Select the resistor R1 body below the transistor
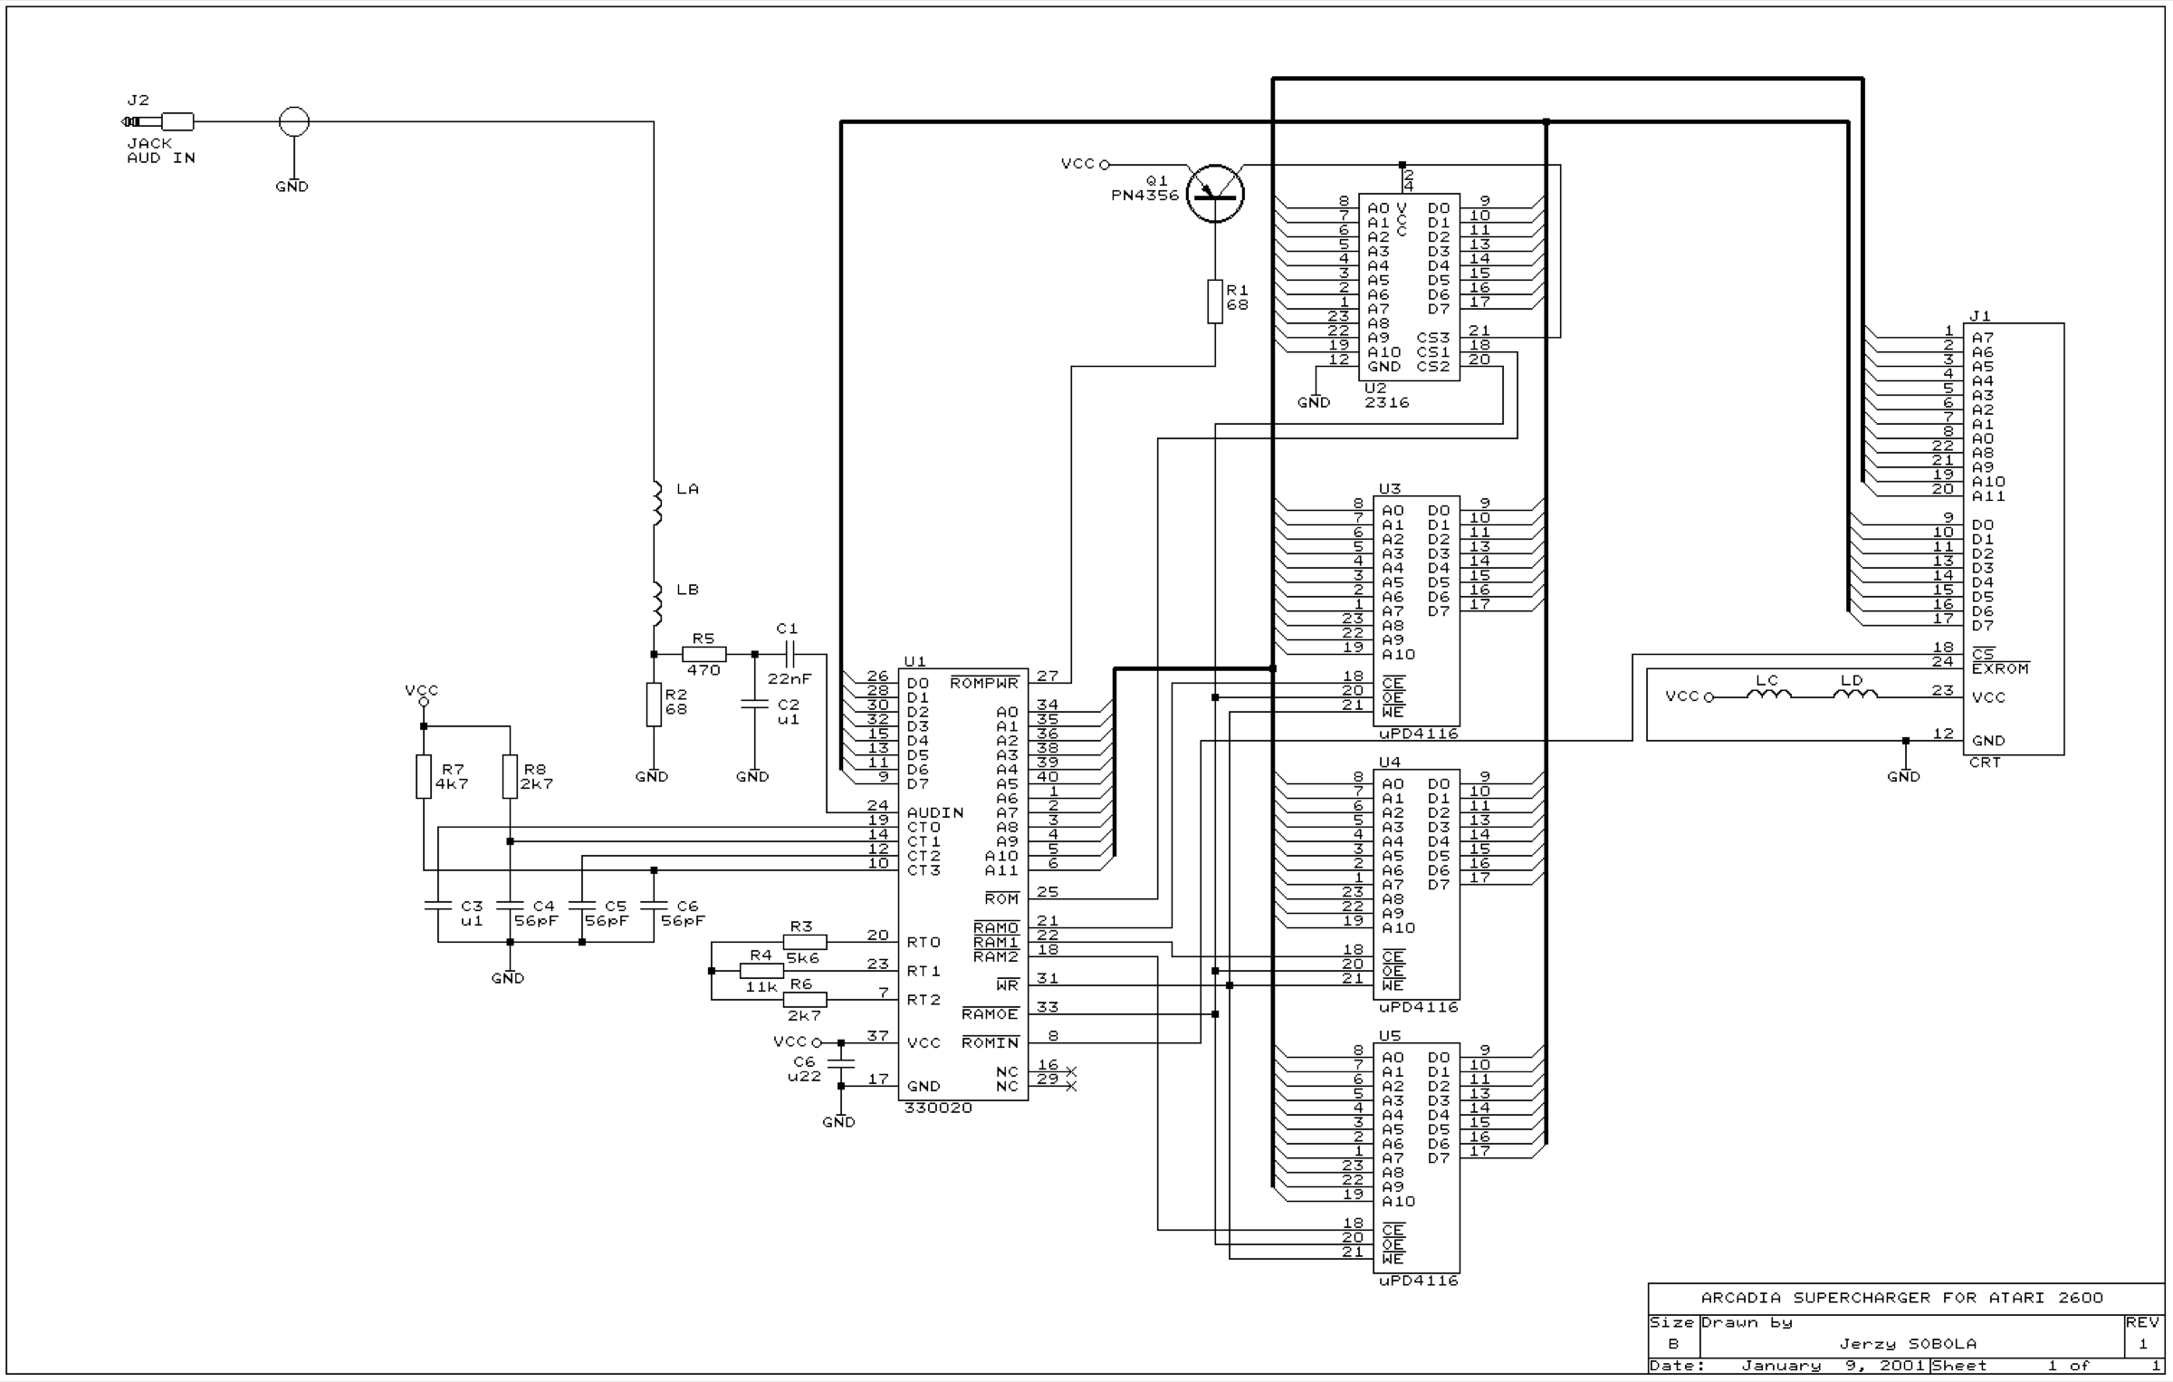pos(1215,302)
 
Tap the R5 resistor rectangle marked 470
pos(704,654)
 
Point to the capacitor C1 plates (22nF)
pos(789,654)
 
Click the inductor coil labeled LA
pos(657,504)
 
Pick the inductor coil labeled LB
pos(657,604)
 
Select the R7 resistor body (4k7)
pos(424,776)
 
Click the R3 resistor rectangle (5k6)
pos(805,942)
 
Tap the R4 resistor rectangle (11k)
pos(761,971)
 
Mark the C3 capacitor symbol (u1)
pos(438,906)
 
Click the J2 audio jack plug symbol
pos(158,121)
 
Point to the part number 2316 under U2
pos(1387,403)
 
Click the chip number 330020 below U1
pos(939,1108)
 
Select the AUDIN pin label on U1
pos(935,813)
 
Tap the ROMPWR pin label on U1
pos(984,683)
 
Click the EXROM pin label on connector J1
pos(2001,669)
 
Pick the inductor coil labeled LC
pos(1768,695)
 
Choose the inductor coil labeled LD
pos(1855,695)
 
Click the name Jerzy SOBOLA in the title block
pos(1908,1344)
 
